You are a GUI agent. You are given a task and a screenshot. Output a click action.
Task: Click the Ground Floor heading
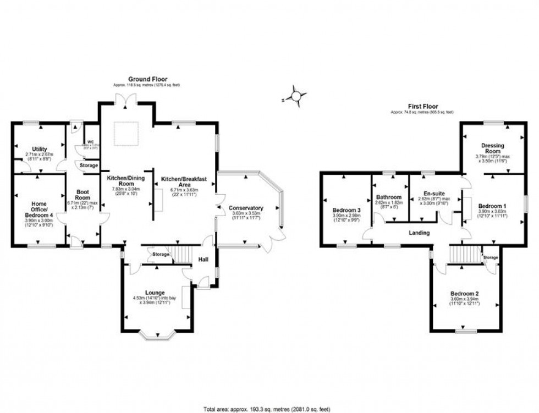pos(147,79)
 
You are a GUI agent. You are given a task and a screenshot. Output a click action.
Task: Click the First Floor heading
pos(422,106)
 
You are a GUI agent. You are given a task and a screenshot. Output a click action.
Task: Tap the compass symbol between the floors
pos(296,97)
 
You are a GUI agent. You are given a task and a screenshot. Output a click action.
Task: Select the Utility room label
pos(39,149)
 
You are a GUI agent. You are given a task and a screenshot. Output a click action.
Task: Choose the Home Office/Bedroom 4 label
pos(39,207)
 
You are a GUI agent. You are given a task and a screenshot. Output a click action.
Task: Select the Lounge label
pos(155,292)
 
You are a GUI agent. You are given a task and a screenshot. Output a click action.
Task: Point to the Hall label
pos(203,260)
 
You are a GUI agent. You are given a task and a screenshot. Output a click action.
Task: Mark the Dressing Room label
pos(492,148)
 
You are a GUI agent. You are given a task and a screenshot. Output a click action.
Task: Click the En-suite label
pos(434,193)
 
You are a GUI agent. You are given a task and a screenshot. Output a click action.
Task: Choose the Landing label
pos(419,233)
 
